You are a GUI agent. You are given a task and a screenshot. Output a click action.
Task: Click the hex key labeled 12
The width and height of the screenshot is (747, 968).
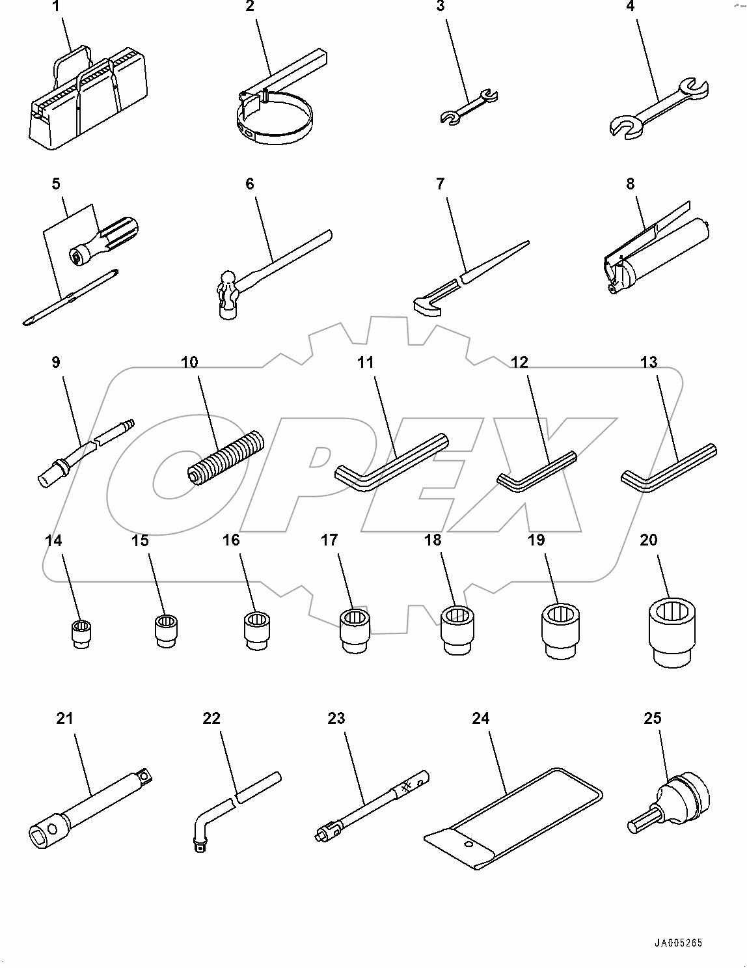click(536, 470)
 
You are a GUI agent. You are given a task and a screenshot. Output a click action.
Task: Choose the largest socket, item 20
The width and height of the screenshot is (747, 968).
click(674, 631)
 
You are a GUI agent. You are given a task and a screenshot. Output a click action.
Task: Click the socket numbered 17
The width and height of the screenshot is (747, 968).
click(355, 629)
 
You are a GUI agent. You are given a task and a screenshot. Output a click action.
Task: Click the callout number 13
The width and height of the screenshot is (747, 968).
click(649, 363)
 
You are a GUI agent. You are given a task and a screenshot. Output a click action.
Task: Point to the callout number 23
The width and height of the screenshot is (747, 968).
click(336, 718)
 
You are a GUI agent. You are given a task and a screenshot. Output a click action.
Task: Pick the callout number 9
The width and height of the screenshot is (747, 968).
click(55, 363)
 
